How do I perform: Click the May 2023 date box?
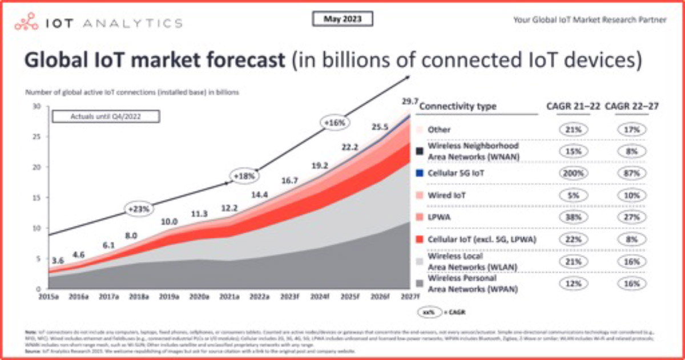click(342, 19)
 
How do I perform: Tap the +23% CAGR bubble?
click(139, 209)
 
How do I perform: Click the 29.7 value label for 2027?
click(406, 101)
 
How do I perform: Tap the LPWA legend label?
click(440, 217)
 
